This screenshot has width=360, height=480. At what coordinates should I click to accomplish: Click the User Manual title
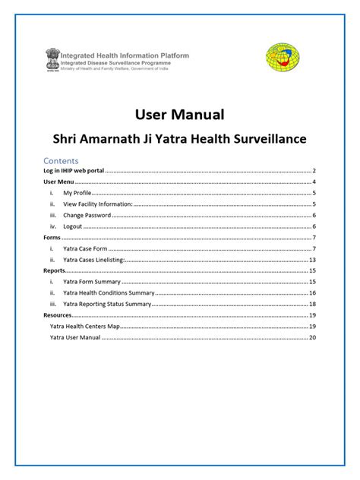(x=179, y=115)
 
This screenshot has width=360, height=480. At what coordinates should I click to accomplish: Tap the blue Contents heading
(x=62, y=161)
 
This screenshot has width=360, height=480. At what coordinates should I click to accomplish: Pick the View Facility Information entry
(x=98, y=204)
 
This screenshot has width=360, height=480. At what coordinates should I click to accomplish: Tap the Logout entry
(x=73, y=226)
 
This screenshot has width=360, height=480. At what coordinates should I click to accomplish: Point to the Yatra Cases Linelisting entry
(x=94, y=260)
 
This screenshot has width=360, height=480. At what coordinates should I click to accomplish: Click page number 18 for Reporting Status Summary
(x=312, y=304)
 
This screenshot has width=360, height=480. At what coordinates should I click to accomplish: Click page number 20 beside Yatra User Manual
(x=312, y=336)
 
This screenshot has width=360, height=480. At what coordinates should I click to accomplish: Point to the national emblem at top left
(x=52, y=58)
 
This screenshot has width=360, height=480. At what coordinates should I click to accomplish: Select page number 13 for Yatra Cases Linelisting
(x=312, y=260)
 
